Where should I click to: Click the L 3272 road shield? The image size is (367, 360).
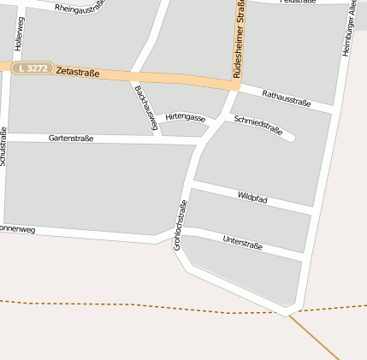point(33,68)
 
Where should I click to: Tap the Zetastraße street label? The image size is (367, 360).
point(77,73)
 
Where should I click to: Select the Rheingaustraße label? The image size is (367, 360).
point(80,9)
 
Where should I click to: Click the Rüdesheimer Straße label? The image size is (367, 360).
point(239,38)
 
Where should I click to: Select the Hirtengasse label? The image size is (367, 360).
point(186,117)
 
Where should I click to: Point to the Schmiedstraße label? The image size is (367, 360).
point(257,126)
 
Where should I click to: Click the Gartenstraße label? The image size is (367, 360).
point(71,137)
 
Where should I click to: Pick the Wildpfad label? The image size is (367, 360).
point(252,198)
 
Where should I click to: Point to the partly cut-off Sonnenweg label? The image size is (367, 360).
point(17,229)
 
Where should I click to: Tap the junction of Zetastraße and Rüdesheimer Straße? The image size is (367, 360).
point(236,83)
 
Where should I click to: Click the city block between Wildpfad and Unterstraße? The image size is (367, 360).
point(248,220)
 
